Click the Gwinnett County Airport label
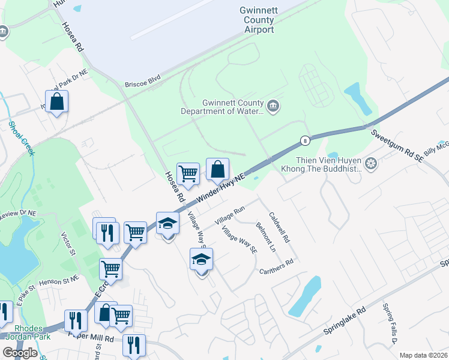tap(256, 20)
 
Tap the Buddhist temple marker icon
tap(371, 163)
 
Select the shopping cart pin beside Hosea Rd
tap(188, 173)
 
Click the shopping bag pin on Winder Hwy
tap(217, 169)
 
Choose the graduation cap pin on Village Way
tap(202, 259)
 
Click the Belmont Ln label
tap(265, 236)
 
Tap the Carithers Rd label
tap(276, 267)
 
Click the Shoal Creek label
tap(22, 139)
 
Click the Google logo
tap(20, 353)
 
